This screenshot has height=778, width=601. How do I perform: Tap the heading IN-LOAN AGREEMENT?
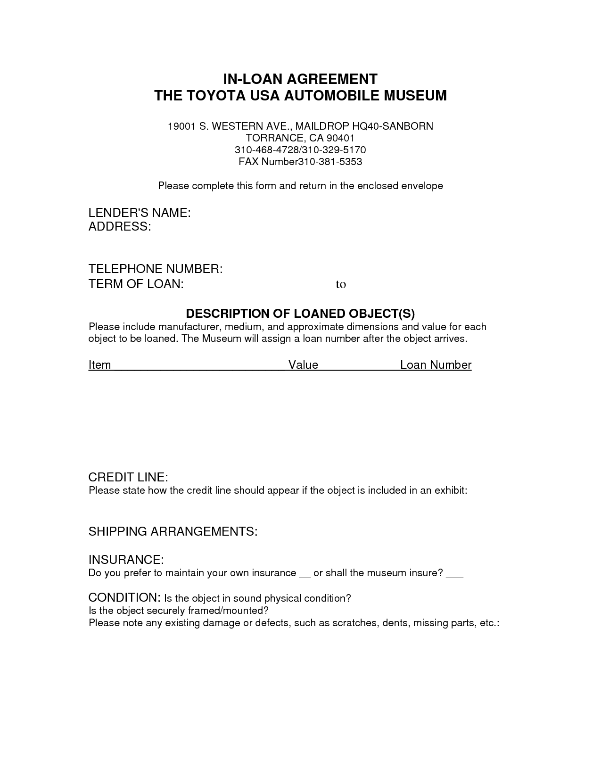(x=300, y=78)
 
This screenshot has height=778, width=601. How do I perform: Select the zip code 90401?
(x=338, y=138)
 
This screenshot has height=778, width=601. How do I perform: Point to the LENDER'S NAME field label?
(x=140, y=213)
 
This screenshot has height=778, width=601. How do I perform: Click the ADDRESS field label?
(x=120, y=227)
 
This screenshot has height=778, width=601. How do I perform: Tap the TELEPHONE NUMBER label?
(x=156, y=269)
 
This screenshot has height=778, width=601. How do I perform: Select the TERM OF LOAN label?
(x=136, y=284)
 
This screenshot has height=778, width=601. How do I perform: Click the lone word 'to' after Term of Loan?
(x=341, y=284)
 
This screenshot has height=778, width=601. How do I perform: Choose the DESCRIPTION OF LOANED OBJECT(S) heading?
(x=300, y=314)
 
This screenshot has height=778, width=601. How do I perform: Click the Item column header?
(x=99, y=365)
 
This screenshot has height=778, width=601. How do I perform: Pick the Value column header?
(x=303, y=365)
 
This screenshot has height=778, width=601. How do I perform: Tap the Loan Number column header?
(x=436, y=365)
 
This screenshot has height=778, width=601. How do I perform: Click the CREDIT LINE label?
(x=128, y=477)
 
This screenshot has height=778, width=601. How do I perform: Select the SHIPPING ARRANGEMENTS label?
(x=173, y=531)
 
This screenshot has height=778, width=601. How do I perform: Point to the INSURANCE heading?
(x=126, y=560)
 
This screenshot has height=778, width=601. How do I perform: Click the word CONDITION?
(x=124, y=597)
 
